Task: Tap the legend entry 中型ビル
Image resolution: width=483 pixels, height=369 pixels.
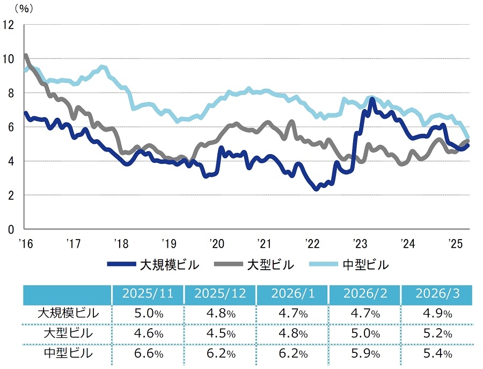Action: click(365, 265)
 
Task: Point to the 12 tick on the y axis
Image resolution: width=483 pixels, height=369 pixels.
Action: click(8, 24)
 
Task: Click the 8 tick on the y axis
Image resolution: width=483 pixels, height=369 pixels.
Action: click(11, 92)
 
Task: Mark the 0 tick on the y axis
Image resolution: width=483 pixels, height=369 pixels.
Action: click(11, 229)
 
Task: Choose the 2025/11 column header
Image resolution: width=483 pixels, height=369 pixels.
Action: click(147, 294)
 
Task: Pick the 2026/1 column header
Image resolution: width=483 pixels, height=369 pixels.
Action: click(292, 294)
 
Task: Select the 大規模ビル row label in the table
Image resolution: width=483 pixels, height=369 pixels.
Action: click(68, 313)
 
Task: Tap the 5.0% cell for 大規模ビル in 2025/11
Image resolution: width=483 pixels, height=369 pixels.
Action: click(147, 313)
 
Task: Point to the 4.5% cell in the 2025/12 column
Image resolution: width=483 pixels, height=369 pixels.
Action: click(220, 333)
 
